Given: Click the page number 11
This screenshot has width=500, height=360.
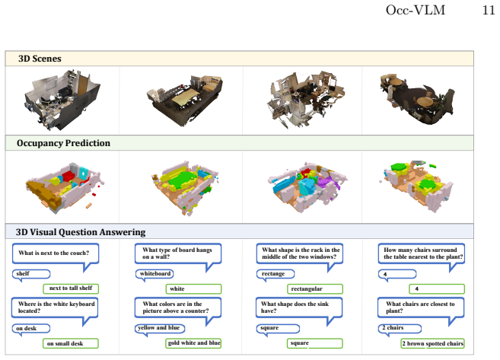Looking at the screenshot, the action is [488, 10].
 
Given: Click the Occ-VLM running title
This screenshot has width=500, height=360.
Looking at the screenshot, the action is [416, 10].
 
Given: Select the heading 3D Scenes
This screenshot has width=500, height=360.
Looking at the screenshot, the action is [40, 59].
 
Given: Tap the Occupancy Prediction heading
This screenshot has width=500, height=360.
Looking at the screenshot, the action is [63, 143].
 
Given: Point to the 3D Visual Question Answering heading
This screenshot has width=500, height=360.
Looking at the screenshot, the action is [81, 232].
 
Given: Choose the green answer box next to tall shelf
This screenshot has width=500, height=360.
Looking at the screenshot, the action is [71, 288].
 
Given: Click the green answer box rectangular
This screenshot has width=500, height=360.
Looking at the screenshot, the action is [315, 289].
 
